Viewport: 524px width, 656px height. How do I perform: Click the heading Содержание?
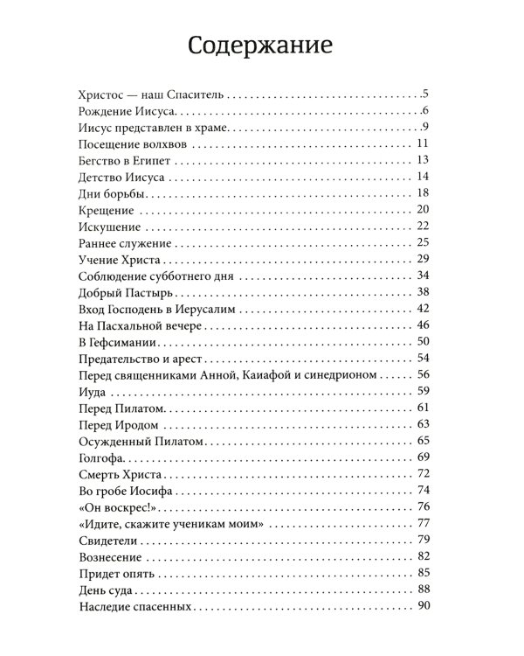pyautogui.click(x=261, y=45)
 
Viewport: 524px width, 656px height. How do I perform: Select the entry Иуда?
pyautogui.click(x=92, y=392)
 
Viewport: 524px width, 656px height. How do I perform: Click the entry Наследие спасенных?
pyautogui.click(x=133, y=607)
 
